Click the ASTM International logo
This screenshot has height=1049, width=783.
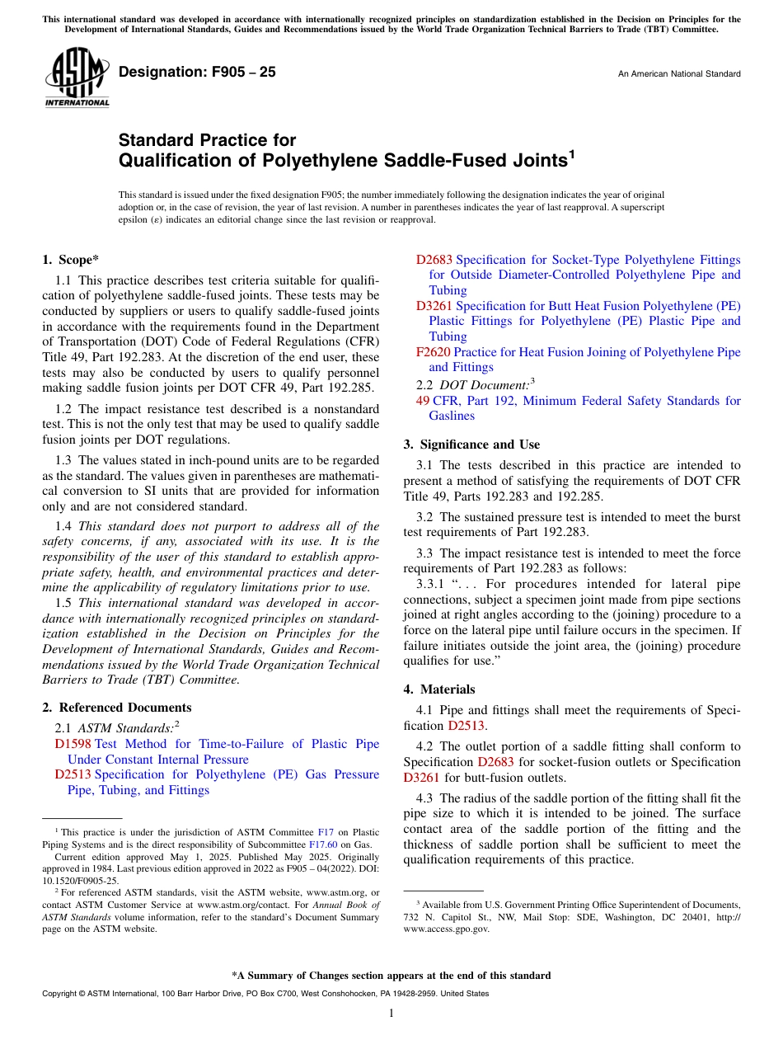77,78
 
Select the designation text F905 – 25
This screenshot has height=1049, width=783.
197,73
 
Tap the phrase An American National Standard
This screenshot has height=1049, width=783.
678,74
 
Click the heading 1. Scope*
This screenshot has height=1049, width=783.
71,260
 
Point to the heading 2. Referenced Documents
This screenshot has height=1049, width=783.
116,708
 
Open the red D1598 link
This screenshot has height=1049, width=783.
73,744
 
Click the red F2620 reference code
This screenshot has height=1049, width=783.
433,352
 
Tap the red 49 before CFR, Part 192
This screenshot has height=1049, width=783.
423,401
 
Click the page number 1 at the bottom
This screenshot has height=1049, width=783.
391,1014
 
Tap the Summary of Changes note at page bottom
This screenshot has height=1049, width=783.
391,976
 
